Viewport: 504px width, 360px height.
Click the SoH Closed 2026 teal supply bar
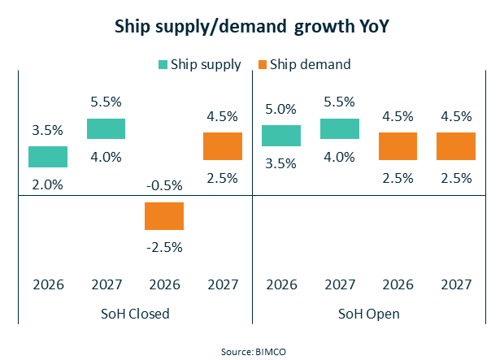tap(48, 157)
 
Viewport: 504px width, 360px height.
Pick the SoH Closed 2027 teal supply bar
tap(106, 128)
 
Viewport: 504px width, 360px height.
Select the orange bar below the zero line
tap(164, 216)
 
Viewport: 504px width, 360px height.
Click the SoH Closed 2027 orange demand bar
tap(223, 146)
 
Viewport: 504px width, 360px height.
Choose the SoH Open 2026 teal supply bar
tap(281, 136)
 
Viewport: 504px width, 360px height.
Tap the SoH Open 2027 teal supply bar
tap(340, 128)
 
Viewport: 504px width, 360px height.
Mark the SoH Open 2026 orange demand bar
tap(398, 146)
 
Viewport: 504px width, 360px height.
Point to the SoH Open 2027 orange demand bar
tap(456, 146)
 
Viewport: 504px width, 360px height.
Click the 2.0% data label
tap(48, 184)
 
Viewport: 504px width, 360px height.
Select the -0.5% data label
tap(164, 185)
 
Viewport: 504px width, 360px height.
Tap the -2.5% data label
tap(164, 247)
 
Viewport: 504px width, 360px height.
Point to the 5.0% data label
tap(281, 108)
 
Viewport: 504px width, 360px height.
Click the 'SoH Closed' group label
tap(136, 314)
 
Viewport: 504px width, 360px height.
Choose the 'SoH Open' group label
tap(369, 314)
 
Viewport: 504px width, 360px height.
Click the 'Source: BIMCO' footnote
tap(252, 351)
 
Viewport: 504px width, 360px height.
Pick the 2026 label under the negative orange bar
tap(164, 284)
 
